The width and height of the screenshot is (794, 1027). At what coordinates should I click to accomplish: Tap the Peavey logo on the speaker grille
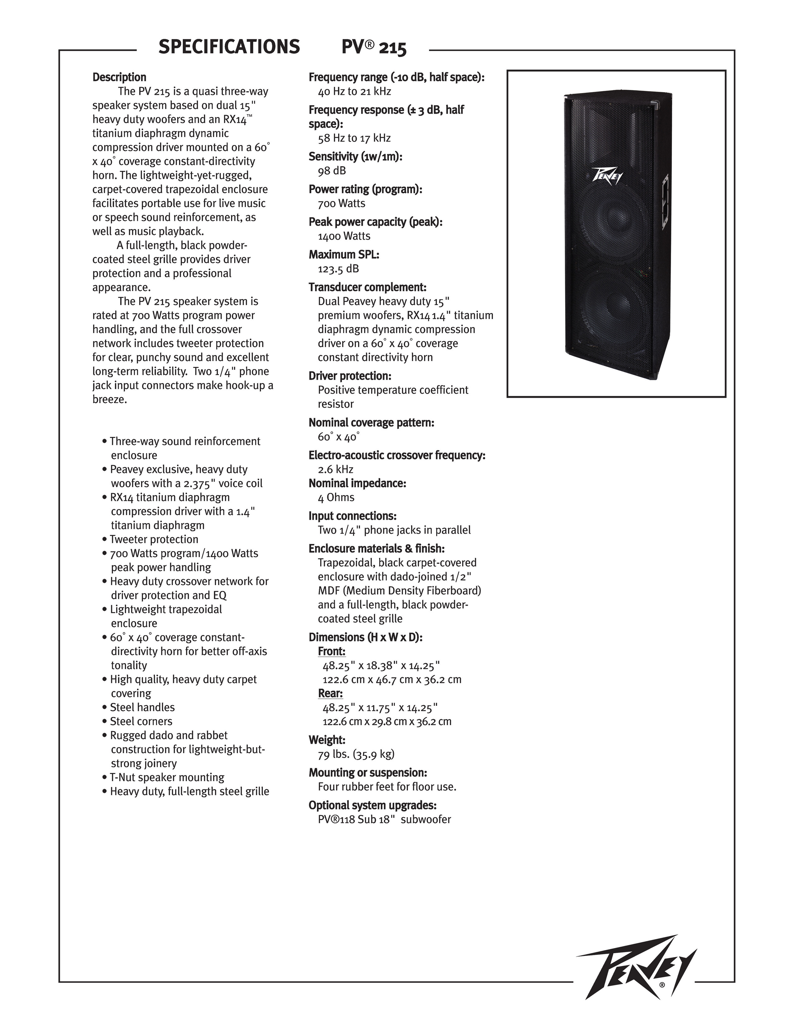click(607, 177)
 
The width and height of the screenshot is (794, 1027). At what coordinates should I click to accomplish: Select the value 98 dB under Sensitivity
click(332, 171)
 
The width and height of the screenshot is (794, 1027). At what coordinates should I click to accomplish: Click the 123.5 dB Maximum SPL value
click(338, 269)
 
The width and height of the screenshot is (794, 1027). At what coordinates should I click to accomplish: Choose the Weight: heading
click(327, 740)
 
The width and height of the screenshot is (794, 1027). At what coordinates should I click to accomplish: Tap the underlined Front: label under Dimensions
click(332, 651)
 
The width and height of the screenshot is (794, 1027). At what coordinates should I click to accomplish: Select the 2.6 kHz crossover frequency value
click(335, 469)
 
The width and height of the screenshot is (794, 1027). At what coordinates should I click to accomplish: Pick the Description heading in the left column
click(119, 77)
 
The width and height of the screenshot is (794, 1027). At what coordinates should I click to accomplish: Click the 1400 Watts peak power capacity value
click(344, 236)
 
